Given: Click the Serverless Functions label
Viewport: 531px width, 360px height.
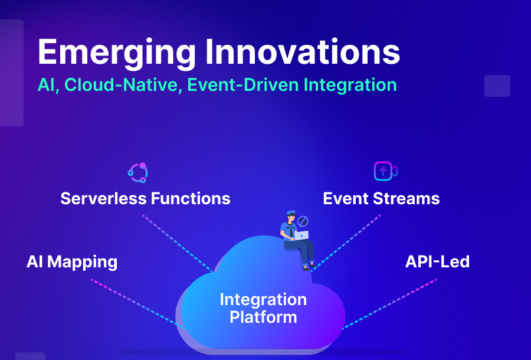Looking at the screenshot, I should tap(145, 198).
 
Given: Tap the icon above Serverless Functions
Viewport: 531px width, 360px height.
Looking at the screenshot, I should tap(138, 172).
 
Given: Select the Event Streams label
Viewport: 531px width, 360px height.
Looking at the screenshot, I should tap(381, 198).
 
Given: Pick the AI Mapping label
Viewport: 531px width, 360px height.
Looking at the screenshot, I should tap(72, 261).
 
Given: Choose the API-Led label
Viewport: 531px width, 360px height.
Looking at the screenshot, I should tap(437, 261).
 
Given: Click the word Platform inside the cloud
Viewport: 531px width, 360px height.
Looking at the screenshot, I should tap(263, 318).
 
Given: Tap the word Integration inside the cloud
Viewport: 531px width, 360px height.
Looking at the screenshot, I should tap(263, 299).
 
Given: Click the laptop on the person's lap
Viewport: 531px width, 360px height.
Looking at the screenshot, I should tap(301, 235).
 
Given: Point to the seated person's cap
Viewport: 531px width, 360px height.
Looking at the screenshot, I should tap(291, 212).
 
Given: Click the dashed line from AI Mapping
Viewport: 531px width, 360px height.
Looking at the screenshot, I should tap(136, 301).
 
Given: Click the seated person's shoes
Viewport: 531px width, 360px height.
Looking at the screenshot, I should tap(307, 266).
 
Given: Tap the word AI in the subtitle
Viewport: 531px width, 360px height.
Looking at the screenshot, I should tap(45, 84).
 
